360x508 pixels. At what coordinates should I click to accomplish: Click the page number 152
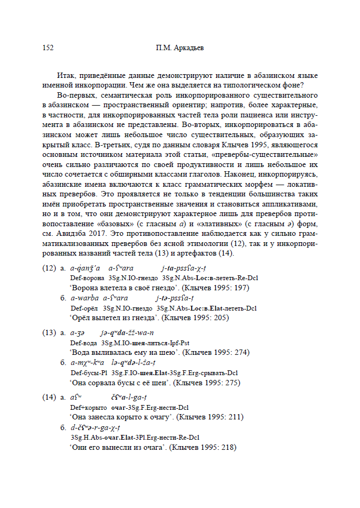tap(48, 47)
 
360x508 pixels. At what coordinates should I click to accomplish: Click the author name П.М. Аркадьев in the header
tap(180, 47)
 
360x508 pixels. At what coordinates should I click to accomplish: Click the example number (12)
tap(49, 268)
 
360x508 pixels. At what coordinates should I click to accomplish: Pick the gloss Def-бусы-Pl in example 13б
tap(88, 373)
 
